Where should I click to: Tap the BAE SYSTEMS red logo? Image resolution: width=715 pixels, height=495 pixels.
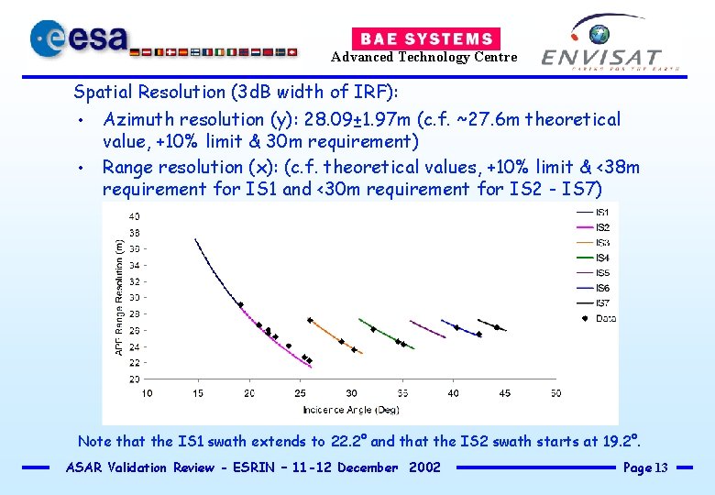pos(426,38)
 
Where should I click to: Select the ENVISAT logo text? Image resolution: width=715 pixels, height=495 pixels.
pos(600,58)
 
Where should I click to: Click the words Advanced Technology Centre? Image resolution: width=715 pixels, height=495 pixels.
pos(423,57)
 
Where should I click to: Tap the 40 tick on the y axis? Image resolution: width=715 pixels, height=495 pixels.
pos(135,217)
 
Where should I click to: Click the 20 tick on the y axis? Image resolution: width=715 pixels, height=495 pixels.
pos(135,379)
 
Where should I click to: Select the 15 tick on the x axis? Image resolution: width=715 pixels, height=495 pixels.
pos(198,393)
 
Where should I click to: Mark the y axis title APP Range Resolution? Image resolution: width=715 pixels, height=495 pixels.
pos(119,298)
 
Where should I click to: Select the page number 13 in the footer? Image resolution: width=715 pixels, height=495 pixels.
pos(660,467)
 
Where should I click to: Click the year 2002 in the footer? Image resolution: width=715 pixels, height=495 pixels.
pos(424,467)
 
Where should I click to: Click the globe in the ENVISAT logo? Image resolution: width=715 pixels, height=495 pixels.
pos(599,35)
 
